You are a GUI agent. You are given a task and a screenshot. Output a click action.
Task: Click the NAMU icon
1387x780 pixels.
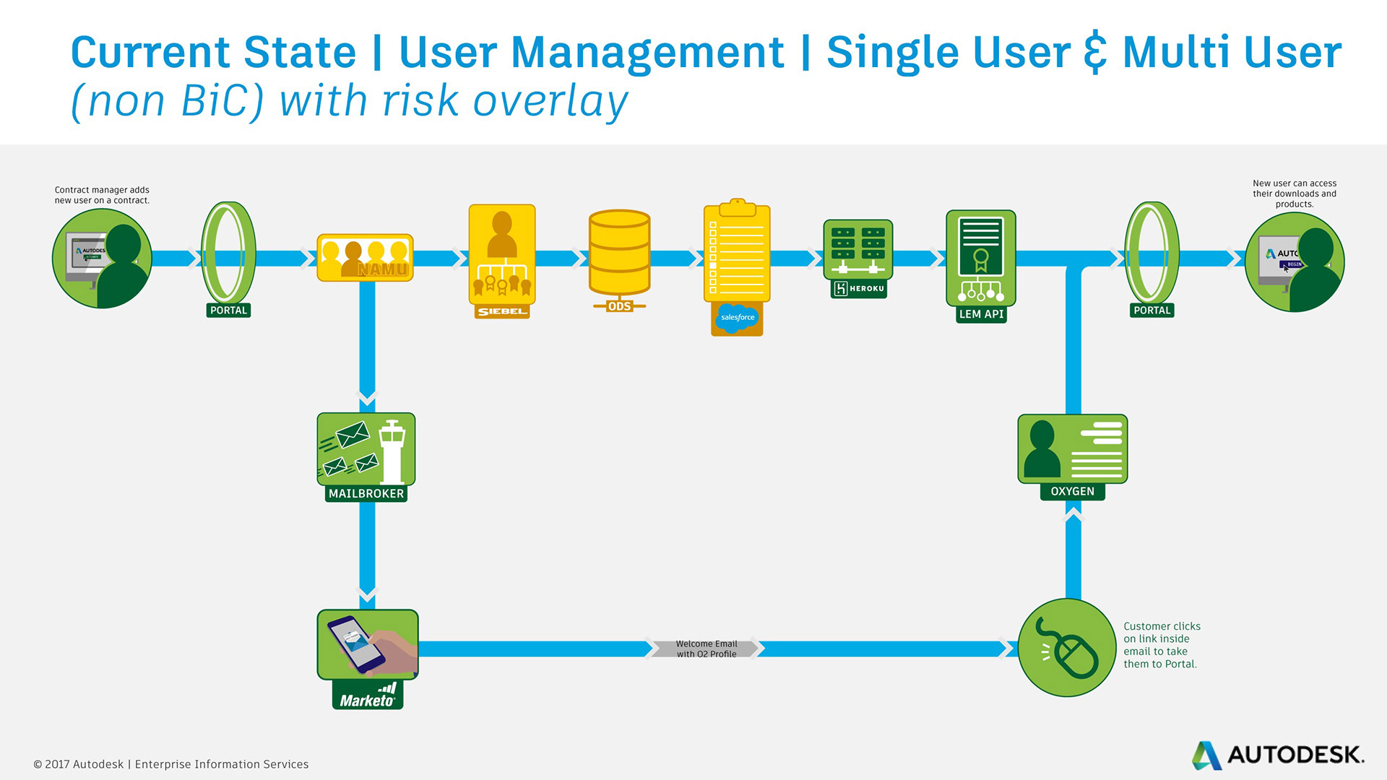(365, 258)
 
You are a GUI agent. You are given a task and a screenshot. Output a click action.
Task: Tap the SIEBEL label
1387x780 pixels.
(502, 311)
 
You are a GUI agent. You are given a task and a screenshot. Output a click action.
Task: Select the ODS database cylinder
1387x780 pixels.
(619, 252)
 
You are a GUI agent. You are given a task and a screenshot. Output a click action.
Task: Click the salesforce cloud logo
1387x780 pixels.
(737, 317)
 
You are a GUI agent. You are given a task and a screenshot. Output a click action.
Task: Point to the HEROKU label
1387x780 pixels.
(858, 289)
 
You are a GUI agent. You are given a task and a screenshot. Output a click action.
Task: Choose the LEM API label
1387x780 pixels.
(981, 314)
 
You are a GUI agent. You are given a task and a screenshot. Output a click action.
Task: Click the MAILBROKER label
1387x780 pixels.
(366, 494)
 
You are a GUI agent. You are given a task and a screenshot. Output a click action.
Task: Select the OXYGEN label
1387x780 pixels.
(1072, 492)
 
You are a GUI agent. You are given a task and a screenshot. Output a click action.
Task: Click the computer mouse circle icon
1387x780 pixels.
(1067, 648)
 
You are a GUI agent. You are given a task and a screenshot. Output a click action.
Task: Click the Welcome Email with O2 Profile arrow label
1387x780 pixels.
(706, 649)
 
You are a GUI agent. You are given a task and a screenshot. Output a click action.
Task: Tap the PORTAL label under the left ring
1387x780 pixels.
(228, 311)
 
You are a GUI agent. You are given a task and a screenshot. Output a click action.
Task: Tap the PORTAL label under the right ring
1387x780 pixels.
(1151, 311)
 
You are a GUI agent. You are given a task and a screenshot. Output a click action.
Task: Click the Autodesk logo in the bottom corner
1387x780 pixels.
(1277, 755)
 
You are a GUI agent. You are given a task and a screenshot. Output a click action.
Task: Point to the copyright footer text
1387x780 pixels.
(171, 764)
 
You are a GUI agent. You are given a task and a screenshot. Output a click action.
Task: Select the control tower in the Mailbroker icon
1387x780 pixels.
(392, 452)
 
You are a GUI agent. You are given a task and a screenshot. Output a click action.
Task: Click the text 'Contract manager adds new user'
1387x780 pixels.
(102, 195)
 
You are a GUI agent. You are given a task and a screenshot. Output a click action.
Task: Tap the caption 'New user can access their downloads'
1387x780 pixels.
(1295, 194)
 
